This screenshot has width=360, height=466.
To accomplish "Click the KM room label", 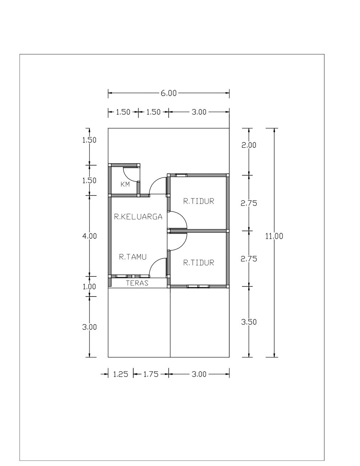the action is [x=125, y=184].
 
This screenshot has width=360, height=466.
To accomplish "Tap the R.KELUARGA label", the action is [x=138, y=217].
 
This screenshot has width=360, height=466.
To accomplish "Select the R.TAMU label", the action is [x=133, y=257].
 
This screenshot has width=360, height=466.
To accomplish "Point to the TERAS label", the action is [x=137, y=283].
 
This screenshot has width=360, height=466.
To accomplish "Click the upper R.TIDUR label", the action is [x=199, y=201].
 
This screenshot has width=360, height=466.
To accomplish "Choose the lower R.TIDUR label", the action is [x=199, y=263].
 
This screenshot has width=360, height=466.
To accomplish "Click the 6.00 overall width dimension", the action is [x=169, y=93].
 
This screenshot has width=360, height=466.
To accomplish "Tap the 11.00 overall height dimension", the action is [x=274, y=236].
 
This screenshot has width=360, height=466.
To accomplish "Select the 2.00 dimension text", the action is [x=249, y=145].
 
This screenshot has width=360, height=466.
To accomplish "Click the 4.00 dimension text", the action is [x=89, y=236].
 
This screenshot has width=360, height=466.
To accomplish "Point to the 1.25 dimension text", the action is [x=121, y=374].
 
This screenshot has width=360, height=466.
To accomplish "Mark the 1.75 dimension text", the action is [x=150, y=374].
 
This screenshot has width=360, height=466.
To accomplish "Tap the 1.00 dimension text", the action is [x=89, y=287].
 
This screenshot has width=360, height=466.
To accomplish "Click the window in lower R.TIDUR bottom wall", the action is [x=198, y=287].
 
